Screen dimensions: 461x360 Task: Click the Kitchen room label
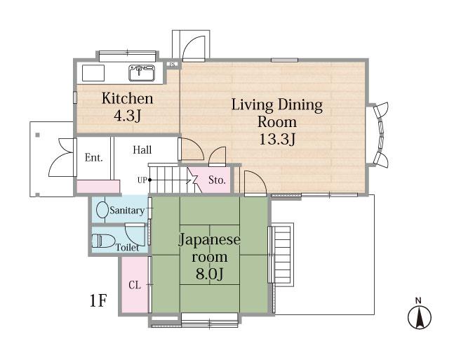pyautogui.click(x=127, y=98)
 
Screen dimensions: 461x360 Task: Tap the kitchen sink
pyautogui.click(x=142, y=73)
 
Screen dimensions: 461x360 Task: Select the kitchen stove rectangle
pyautogui.click(x=93, y=73)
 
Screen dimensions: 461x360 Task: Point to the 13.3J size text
pyautogui.click(x=277, y=140)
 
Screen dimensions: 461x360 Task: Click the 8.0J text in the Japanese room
pyautogui.click(x=209, y=274)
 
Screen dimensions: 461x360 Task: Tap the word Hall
pyautogui.click(x=142, y=149)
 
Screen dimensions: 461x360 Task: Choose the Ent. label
pyautogui.click(x=94, y=158)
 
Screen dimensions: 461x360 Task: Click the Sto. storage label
pyautogui.click(x=217, y=180)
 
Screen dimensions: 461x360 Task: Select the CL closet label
pyautogui.click(x=135, y=285)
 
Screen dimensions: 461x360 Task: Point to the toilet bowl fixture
pyautogui.click(x=103, y=240)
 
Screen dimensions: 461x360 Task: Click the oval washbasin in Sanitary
pyautogui.click(x=102, y=209)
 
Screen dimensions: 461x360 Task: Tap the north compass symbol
pyautogui.click(x=420, y=318)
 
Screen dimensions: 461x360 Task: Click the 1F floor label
pyautogui.click(x=98, y=300)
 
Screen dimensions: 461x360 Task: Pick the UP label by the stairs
pyautogui.click(x=142, y=180)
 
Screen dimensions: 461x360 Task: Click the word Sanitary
pyautogui.click(x=127, y=211)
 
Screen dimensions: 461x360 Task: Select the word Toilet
pyautogui.click(x=127, y=247)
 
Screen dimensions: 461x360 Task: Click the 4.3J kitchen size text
pyautogui.click(x=127, y=116)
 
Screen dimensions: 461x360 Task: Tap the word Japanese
pyautogui.click(x=209, y=239)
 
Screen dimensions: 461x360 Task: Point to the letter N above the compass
pyautogui.click(x=418, y=300)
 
